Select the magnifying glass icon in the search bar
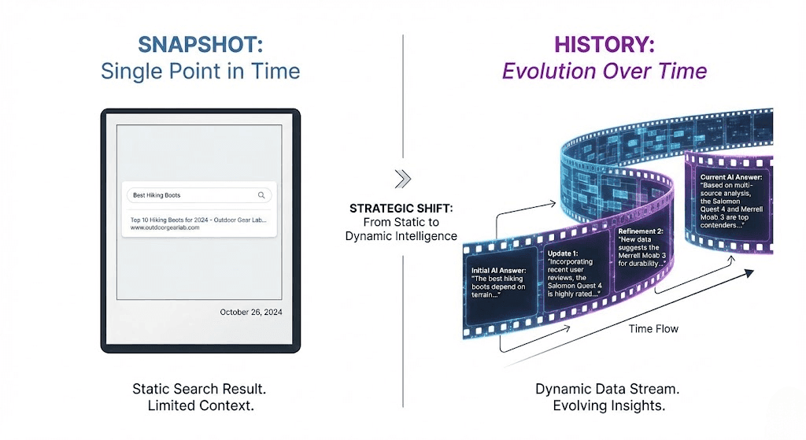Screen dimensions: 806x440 tap(261, 195)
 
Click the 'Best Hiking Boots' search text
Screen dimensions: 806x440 tap(157, 195)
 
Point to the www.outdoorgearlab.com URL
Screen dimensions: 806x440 tap(160, 227)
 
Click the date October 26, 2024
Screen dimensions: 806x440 tap(250, 312)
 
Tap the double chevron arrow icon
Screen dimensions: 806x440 tap(402, 179)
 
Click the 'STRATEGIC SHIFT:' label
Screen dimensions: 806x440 tap(401, 209)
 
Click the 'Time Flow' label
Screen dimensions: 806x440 tap(653, 328)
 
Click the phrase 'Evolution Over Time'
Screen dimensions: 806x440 tap(604, 72)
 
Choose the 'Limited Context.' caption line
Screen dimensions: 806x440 tap(200, 406)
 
